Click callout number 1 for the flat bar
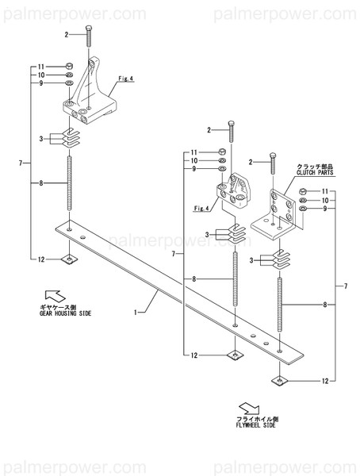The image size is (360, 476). [x=136, y=312]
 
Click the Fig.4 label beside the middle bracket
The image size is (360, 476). [x=201, y=208]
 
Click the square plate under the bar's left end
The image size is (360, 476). [x=71, y=259]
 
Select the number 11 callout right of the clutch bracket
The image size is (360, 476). [x=325, y=192]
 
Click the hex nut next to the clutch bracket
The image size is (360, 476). [x=304, y=191]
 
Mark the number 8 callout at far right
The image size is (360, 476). [x=325, y=304]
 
